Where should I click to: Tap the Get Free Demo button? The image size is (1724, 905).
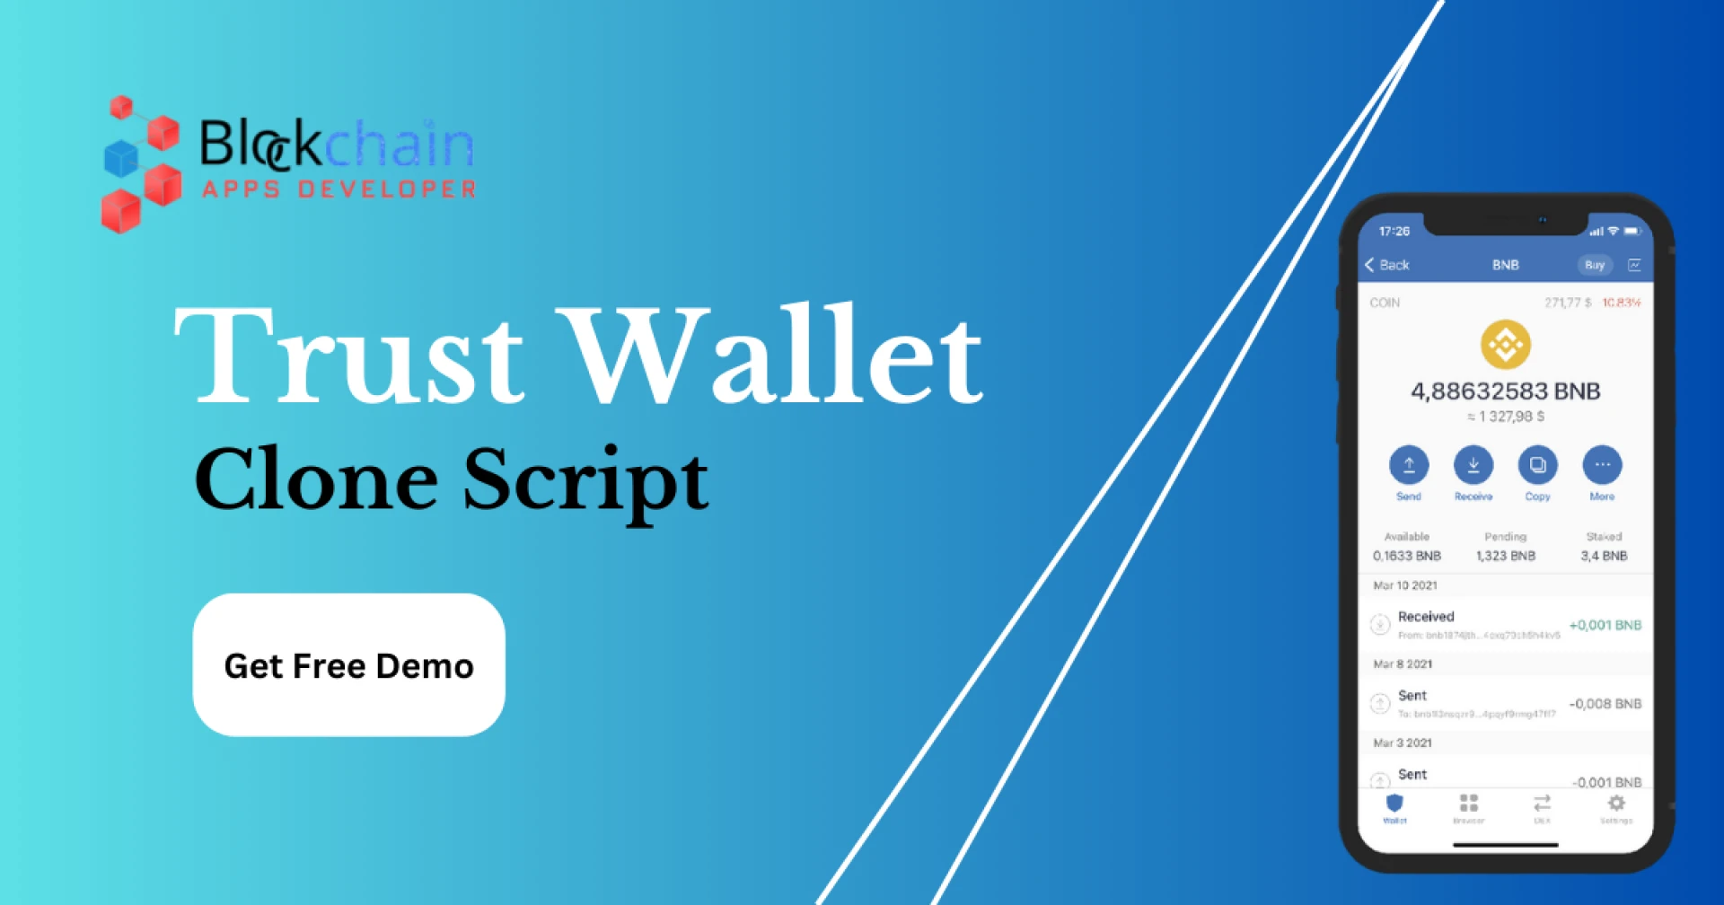pos(348,665)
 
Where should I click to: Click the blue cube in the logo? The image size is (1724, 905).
pos(121,159)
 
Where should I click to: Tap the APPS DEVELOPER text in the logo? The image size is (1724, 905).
pos(339,189)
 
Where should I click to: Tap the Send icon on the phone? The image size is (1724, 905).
pos(1408,465)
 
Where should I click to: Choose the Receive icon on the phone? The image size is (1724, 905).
pos(1473,465)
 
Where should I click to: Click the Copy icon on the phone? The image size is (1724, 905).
pos(1537,465)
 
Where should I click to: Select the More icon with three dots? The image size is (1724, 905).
pos(1602,465)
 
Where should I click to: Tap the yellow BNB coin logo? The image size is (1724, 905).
pos(1505,345)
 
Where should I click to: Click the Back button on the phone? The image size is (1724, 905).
pos(1387,265)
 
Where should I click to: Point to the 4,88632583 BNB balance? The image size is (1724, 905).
pos(1505,391)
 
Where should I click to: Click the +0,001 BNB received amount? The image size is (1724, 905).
pos(1605,625)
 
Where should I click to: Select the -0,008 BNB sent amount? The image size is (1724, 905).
pos(1605,704)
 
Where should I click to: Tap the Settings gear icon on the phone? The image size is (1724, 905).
pos(1616,804)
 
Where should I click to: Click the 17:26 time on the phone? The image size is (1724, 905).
pos(1394,232)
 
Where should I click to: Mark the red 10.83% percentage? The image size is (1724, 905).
pos(1621,303)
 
